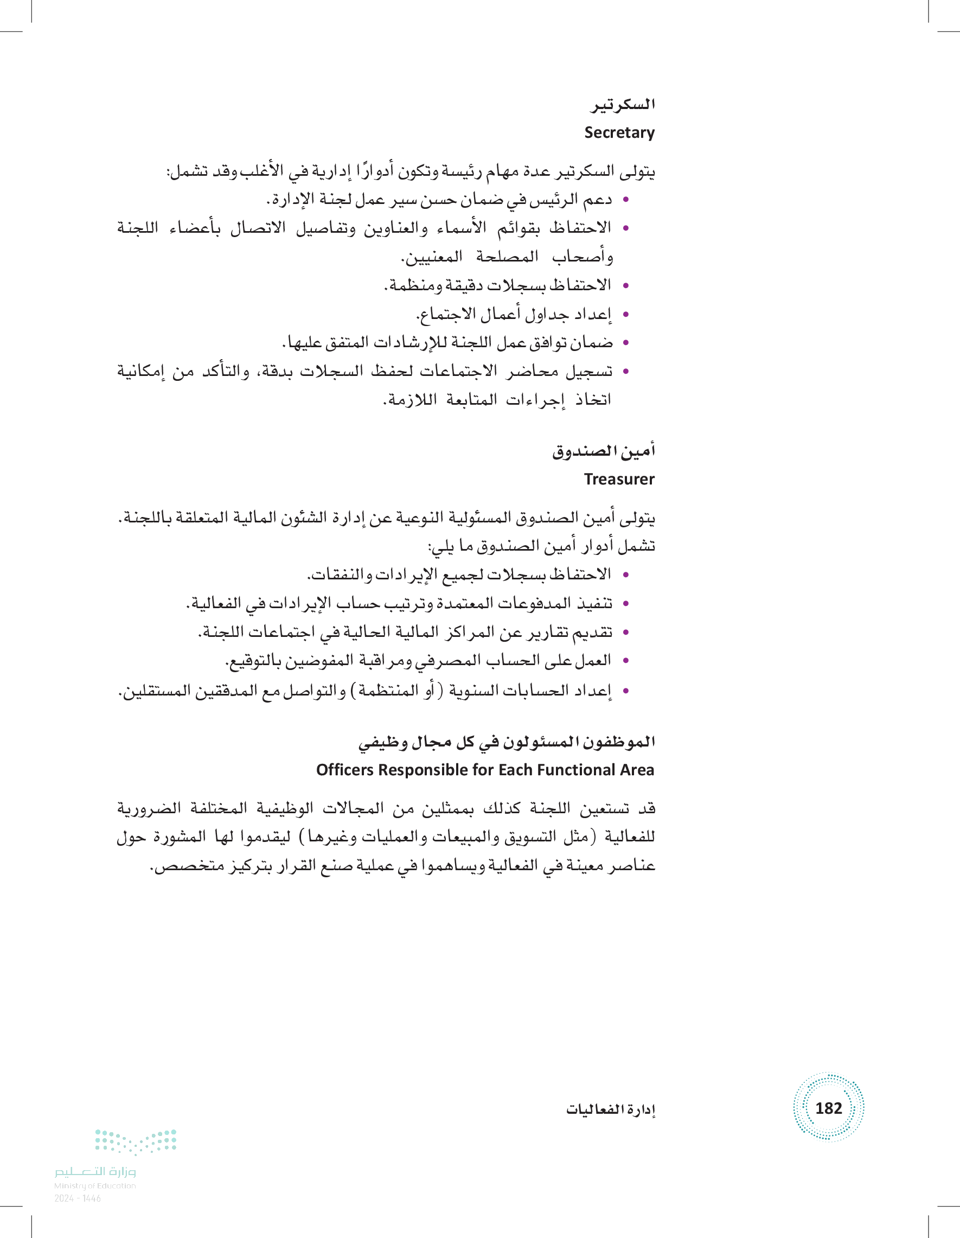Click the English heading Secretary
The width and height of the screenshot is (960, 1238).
coord(619,132)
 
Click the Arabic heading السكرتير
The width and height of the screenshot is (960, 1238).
coord(622,105)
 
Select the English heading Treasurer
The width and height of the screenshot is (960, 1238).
coord(619,480)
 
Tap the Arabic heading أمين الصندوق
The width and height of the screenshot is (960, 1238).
coord(604,451)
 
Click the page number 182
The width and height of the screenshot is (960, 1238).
coord(828,1108)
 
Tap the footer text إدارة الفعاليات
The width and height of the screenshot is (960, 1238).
coord(610,1109)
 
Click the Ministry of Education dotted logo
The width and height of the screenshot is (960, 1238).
coord(136,1141)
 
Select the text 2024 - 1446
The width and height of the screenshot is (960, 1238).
coord(78,1198)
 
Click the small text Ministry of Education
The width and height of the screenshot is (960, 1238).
coord(95,1185)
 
